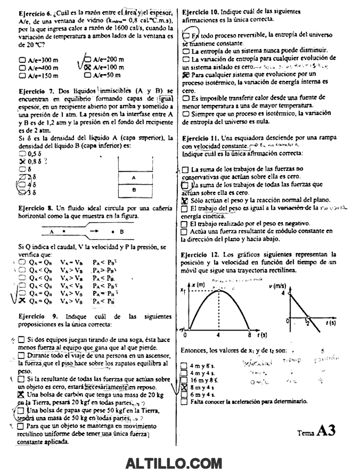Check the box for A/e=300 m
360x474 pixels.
(22, 60)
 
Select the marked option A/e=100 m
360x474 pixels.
(87, 67)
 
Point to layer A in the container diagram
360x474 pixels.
(134, 177)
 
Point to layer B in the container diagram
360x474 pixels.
(134, 190)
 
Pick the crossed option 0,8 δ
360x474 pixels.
(21, 161)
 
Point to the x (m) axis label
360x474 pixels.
(199, 284)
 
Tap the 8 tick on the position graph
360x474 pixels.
(248, 334)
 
